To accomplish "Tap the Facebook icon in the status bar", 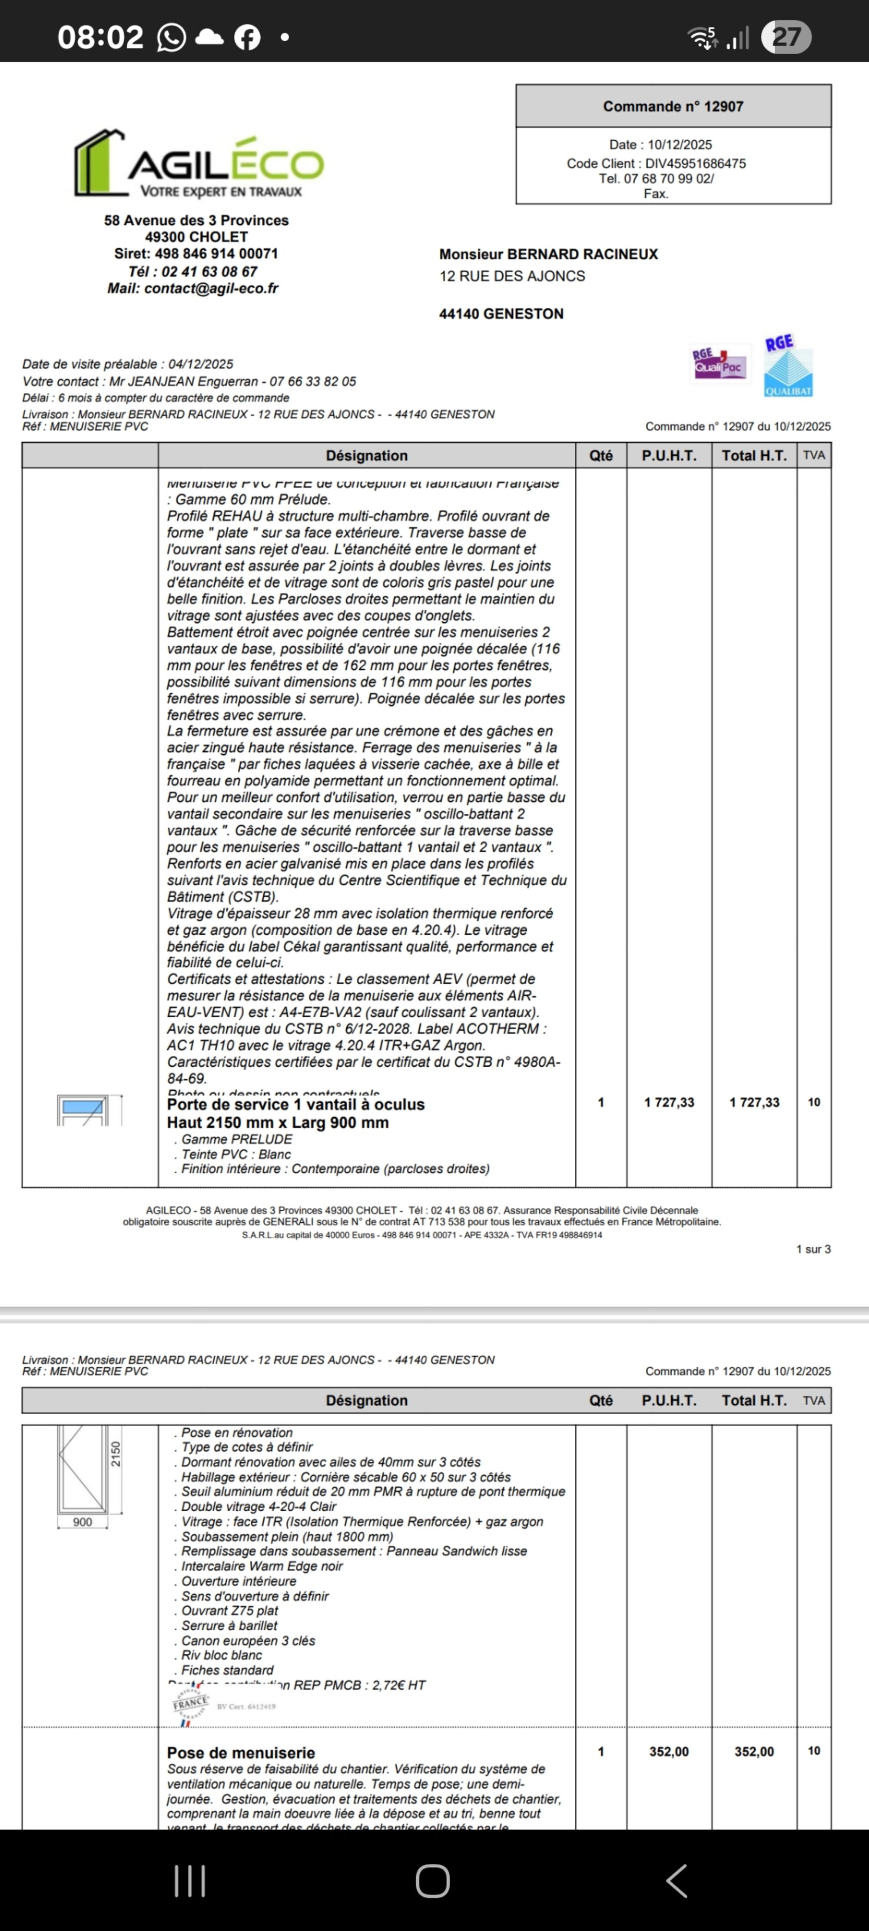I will (x=247, y=37).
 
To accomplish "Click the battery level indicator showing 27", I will (x=786, y=37).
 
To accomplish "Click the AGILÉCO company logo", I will (x=199, y=165).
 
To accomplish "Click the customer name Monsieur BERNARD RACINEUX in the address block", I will (x=548, y=254).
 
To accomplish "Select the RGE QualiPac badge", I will (x=719, y=364).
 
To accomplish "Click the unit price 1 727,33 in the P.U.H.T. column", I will (x=669, y=1102).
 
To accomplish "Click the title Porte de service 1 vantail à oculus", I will (x=295, y=1104).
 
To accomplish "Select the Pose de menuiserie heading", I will (x=241, y=1752).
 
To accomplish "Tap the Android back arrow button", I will (x=677, y=1881).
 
